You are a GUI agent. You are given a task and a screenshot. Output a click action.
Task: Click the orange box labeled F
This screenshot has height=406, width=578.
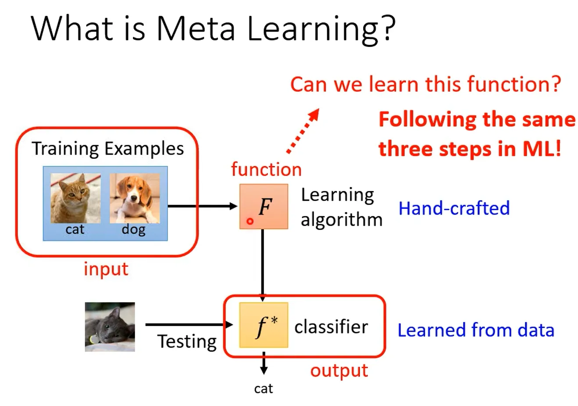tap(264, 206)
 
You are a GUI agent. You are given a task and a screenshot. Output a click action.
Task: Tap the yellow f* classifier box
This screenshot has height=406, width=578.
tap(264, 325)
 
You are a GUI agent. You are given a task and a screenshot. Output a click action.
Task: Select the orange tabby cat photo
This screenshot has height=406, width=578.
tap(75, 198)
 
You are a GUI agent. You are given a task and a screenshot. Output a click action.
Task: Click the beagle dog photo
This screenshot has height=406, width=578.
tap(135, 198)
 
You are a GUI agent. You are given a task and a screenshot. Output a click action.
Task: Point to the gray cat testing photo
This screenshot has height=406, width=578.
tap(110, 327)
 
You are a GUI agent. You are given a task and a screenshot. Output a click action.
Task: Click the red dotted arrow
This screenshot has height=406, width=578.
tap(303, 132)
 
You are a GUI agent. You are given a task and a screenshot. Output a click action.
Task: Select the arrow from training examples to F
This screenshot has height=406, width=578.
tap(202, 206)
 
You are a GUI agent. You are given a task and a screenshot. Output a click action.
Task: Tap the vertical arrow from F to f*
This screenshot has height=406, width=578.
tap(262, 263)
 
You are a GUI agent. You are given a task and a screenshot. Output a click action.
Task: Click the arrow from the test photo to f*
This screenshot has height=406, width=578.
tap(189, 325)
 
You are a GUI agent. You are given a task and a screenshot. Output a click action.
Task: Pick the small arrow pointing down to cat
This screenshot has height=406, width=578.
tap(264, 363)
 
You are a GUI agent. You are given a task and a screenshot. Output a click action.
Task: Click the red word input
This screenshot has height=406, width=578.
tap(106, 269)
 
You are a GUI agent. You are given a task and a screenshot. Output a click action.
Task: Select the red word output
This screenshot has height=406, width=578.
tap(339, 371)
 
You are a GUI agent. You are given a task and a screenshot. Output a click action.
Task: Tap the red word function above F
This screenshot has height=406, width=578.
tap(266, 169)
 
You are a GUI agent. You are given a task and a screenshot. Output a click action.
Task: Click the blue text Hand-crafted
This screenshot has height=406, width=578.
tap(454, 208)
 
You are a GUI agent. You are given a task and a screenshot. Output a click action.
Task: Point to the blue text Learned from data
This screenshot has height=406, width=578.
tap(476, 330)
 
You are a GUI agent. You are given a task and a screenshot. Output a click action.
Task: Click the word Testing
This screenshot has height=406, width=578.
tap(187, 341)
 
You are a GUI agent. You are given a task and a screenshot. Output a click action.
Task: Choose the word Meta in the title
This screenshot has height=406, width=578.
tap(196, 29)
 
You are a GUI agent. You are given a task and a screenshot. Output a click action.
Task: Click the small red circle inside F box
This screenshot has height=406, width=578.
tap(250, 222)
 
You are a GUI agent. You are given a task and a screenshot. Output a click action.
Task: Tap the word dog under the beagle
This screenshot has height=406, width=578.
tap(133, 230)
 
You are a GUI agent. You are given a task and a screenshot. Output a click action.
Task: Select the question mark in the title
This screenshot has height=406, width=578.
tap(387, 29)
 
